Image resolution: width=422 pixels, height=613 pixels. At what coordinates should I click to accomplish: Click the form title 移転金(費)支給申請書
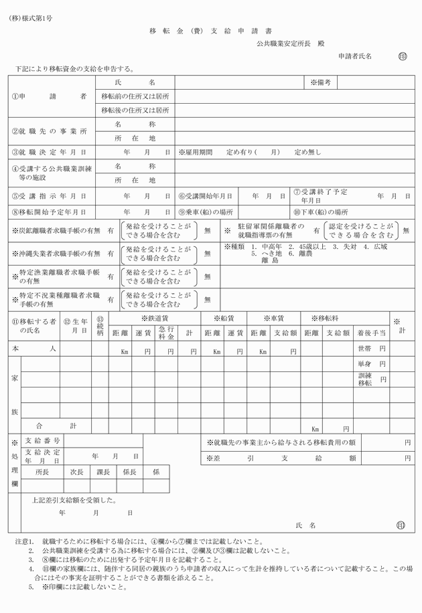pos(210,31)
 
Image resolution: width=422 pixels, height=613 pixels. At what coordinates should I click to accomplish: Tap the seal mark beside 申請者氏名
pos(402,57)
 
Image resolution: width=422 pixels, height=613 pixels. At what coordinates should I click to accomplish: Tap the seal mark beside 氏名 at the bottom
pos(401,526)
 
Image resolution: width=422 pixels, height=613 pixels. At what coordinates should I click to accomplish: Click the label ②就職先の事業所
pos(50,131)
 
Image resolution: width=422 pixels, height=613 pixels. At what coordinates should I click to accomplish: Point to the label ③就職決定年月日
pos(49,153)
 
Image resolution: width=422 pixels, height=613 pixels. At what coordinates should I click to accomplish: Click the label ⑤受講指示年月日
pos(49,196)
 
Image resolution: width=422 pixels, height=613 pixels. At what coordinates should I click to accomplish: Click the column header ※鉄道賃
pos(154,319)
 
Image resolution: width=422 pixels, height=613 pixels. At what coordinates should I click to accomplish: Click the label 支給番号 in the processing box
pos(42,441)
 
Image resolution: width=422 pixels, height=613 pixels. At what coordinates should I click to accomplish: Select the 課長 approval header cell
pos(103,472)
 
